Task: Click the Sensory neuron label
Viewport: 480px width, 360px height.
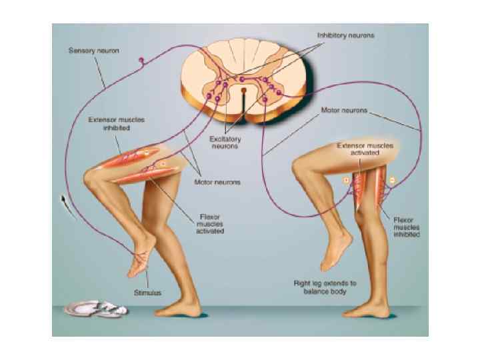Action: pos(95,51)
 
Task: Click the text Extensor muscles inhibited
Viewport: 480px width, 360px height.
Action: pos(117,125)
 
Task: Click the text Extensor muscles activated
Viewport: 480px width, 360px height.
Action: pos(365,148)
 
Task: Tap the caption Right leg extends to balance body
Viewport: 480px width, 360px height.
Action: pos(325,287)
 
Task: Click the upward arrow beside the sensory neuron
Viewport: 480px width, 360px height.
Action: pos(64,200)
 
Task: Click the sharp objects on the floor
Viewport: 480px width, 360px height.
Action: pos(97,308)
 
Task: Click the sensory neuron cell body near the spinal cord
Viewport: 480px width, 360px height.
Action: pos(141,62)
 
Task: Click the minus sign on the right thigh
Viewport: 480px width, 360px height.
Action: pos(393,179)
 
